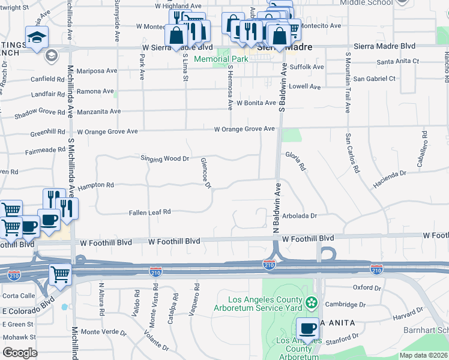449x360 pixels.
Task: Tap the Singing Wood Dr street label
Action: click(165, 159)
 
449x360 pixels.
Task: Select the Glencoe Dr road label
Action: click(205, 173)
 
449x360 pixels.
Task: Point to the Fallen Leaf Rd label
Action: click(150, 212)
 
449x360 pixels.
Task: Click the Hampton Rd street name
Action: click(95, 185)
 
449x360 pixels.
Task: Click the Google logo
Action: click(20, 353)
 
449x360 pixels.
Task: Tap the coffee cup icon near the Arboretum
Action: click(307, 328)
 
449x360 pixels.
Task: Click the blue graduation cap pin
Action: click(37, 38)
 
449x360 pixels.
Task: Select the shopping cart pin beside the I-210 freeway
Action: click(60, 275)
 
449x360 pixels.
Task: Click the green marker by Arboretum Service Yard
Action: click(311, 302)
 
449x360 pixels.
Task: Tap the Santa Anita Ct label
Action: click(397, 62)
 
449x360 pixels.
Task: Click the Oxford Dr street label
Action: click(367, 287)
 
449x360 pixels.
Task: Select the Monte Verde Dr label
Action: click(104, 332)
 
